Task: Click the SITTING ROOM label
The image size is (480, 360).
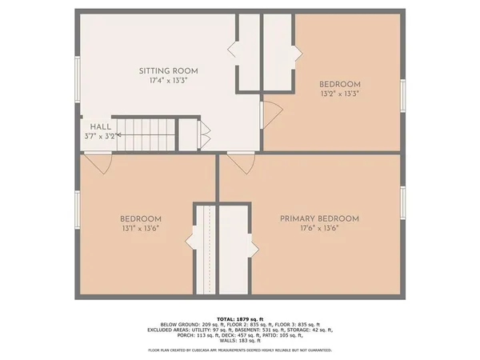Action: (168, 71)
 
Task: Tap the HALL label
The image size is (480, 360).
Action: (101, 126)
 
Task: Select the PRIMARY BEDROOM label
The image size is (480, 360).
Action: (319, 218)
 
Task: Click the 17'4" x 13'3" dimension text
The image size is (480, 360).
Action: (168, 81)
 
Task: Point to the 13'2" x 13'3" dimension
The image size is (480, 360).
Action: (340, 93)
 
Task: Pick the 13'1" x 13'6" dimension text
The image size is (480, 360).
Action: (141, 228)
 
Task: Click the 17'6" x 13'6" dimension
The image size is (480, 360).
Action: (319, 228)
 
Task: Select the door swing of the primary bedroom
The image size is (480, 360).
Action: (238, 162)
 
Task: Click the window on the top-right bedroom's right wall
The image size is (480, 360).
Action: (403, 94)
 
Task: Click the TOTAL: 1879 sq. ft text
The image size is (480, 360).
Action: (240, 318)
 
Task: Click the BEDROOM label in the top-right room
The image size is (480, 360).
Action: (340, 84)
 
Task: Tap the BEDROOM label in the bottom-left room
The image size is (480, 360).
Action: (141, 219)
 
